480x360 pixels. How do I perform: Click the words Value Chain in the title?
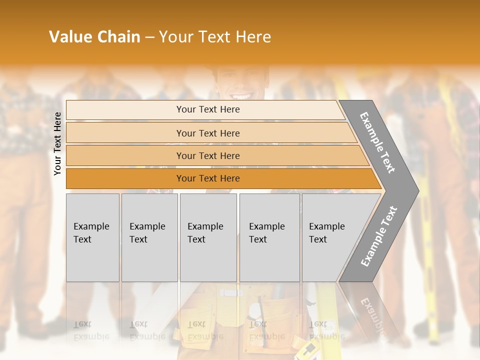point(94,37)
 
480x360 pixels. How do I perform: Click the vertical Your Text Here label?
point(57,143)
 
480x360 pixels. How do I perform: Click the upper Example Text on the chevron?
point(377,142)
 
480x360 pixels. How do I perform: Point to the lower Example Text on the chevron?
point(379,236)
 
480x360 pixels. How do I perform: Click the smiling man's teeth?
point(241,95)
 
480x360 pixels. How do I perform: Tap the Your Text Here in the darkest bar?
point(208,178)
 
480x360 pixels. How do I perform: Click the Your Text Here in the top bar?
point(208,109)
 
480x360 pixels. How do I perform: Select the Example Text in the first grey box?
point(91,232)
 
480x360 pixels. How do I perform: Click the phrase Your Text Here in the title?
point(215,37)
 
